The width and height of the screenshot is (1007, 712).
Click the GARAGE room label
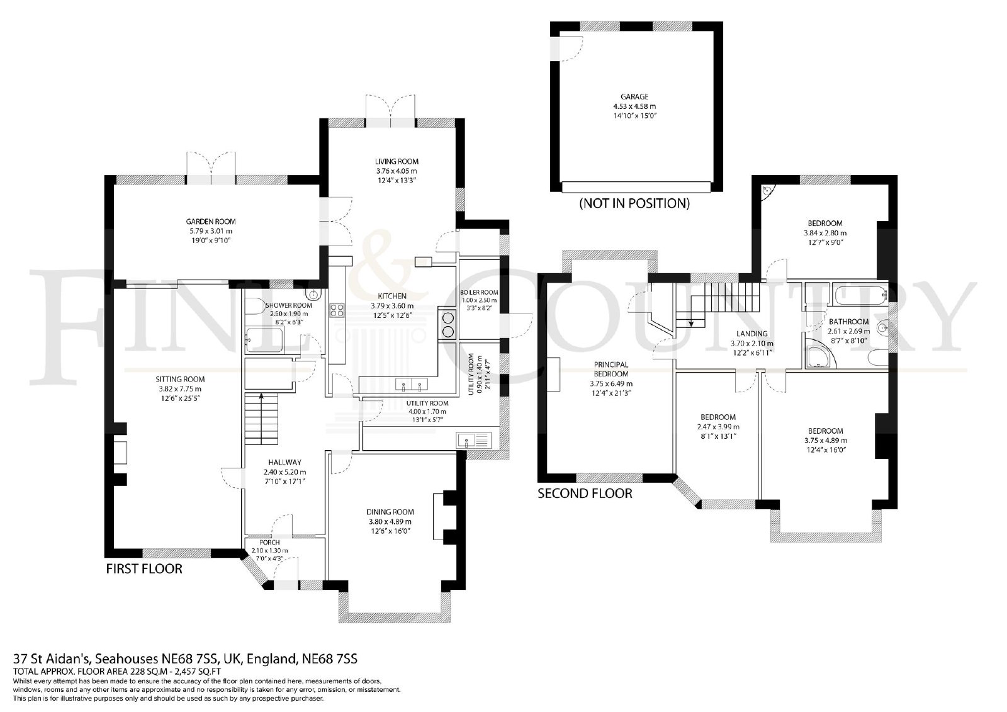pos(634,97)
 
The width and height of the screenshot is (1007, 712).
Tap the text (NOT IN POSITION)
pos(634,203)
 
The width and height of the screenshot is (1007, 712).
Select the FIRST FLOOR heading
pos(144,568)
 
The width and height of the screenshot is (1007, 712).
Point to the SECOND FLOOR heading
pos(585,494)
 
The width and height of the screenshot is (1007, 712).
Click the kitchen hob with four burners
pos(337,310)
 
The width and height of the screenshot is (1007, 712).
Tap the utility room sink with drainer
pos(475,439)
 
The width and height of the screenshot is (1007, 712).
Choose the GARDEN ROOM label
pos(211,222)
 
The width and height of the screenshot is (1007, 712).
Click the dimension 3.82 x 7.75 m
pos(180,389)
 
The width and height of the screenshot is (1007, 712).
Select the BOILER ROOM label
pos(479,292)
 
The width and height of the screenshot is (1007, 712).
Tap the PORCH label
pos(269,543)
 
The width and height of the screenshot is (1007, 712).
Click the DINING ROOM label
pos(390,512)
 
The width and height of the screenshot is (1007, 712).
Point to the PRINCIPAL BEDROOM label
pos(611,370)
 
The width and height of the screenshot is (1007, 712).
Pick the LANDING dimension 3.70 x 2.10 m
pos(751,344)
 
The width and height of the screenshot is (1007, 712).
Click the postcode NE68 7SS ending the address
pos(330,659)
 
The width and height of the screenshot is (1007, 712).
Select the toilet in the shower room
pos(256,307)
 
